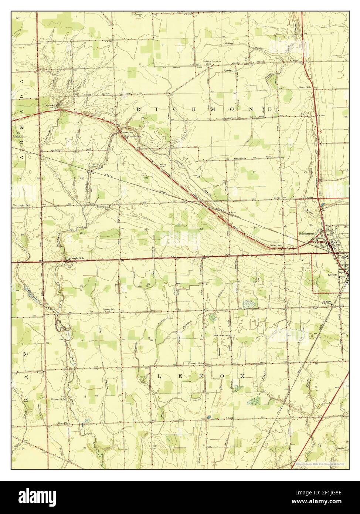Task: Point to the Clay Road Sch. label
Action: point(103,208)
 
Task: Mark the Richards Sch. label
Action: point(75,258)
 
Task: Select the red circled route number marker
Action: point(320,131)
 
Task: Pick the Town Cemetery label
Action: point(221,336)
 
